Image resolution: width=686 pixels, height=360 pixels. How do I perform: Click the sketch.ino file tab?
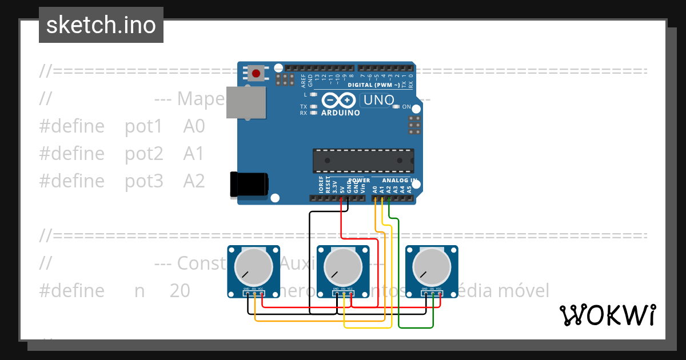[x=101, y=25]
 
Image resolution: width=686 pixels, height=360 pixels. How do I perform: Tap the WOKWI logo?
[x=607, y=315]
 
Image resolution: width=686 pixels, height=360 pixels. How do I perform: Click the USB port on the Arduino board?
[x=246, y=102]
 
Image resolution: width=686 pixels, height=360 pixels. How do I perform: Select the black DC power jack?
[x=248, y=185]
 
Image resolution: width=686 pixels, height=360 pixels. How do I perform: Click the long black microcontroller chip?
[x=363, y=161]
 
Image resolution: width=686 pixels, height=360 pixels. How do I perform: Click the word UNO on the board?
[x=379, y=100]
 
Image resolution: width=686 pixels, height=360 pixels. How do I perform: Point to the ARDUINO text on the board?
[x=341, y=113]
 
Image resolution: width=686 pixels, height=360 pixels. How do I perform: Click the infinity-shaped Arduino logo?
[x=339, y=101]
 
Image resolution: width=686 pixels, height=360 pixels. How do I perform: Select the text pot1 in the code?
[x=144, y=126]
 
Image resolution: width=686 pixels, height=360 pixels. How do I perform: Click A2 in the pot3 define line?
[x=194, y=181]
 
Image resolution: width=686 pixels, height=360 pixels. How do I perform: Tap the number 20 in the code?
[x=180, y=291]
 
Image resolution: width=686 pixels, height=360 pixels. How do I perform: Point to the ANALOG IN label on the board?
[x=400, y=181]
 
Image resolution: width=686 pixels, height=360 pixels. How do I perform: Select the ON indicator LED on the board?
[x=396, y=107]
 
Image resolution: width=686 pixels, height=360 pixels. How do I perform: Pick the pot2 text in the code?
[x=144, y=154]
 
